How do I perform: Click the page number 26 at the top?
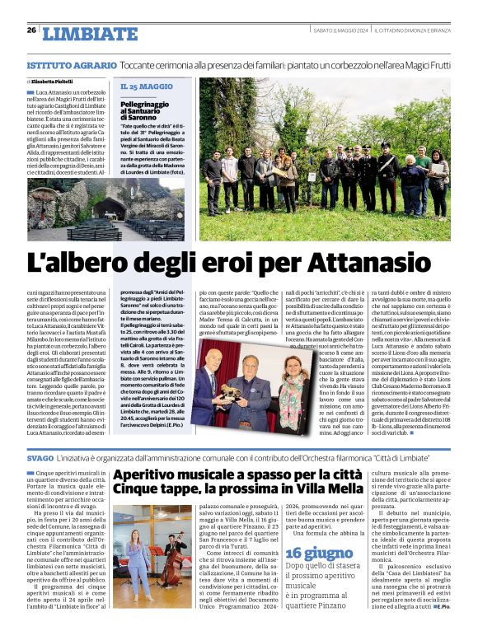click(31, 30)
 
